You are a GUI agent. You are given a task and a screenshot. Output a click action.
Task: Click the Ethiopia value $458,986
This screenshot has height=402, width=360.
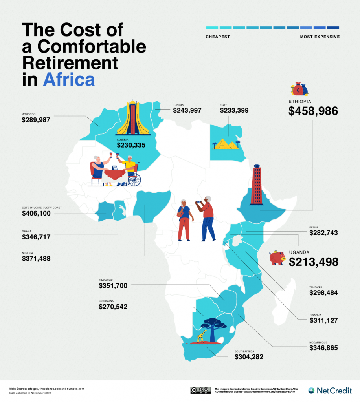click(313, 111)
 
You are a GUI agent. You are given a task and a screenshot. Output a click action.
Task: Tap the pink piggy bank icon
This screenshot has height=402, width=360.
click(277, 258)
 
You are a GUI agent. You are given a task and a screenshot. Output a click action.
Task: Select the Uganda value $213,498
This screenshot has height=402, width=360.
click(313, 262)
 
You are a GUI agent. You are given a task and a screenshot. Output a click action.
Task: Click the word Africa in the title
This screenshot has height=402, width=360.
click(69, 79)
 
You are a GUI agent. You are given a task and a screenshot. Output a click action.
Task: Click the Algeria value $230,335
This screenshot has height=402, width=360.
click(131, 145)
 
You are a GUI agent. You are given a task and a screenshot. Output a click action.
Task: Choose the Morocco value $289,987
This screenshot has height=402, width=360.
click(36, 120)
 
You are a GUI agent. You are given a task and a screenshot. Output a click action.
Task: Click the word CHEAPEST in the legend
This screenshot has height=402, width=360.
click(217, 37)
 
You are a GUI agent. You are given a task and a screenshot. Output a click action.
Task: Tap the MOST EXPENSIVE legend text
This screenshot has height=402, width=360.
click(320, 37)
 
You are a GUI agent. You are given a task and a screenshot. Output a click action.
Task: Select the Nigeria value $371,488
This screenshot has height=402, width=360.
click(36, 258)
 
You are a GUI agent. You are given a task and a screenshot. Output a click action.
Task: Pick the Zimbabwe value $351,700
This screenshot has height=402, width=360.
click(113, 286)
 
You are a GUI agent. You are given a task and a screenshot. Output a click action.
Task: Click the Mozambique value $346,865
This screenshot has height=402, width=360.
click(323, 348)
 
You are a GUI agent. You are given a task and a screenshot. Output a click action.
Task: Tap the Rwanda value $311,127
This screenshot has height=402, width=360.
click(323, 320)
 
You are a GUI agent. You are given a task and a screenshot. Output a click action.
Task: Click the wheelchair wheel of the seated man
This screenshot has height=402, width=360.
click(134, 179)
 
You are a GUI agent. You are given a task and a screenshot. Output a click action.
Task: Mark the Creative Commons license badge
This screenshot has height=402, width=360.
click(199, 390)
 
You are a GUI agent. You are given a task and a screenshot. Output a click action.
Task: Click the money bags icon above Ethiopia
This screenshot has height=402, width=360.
click(299, 89)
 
